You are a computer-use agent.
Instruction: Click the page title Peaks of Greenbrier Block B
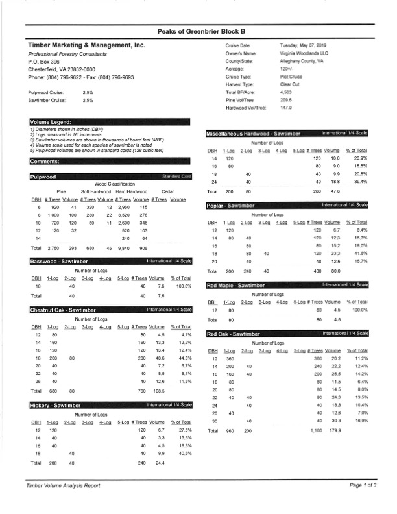[198, 31]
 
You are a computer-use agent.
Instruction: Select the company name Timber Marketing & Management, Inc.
[86, 46]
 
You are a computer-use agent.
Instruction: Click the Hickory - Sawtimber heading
[55, 405]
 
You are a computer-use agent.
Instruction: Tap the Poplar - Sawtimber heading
[233, 205]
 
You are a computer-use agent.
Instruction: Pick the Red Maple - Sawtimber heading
[237, 285]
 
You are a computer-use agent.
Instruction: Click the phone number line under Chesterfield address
[81, 77]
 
